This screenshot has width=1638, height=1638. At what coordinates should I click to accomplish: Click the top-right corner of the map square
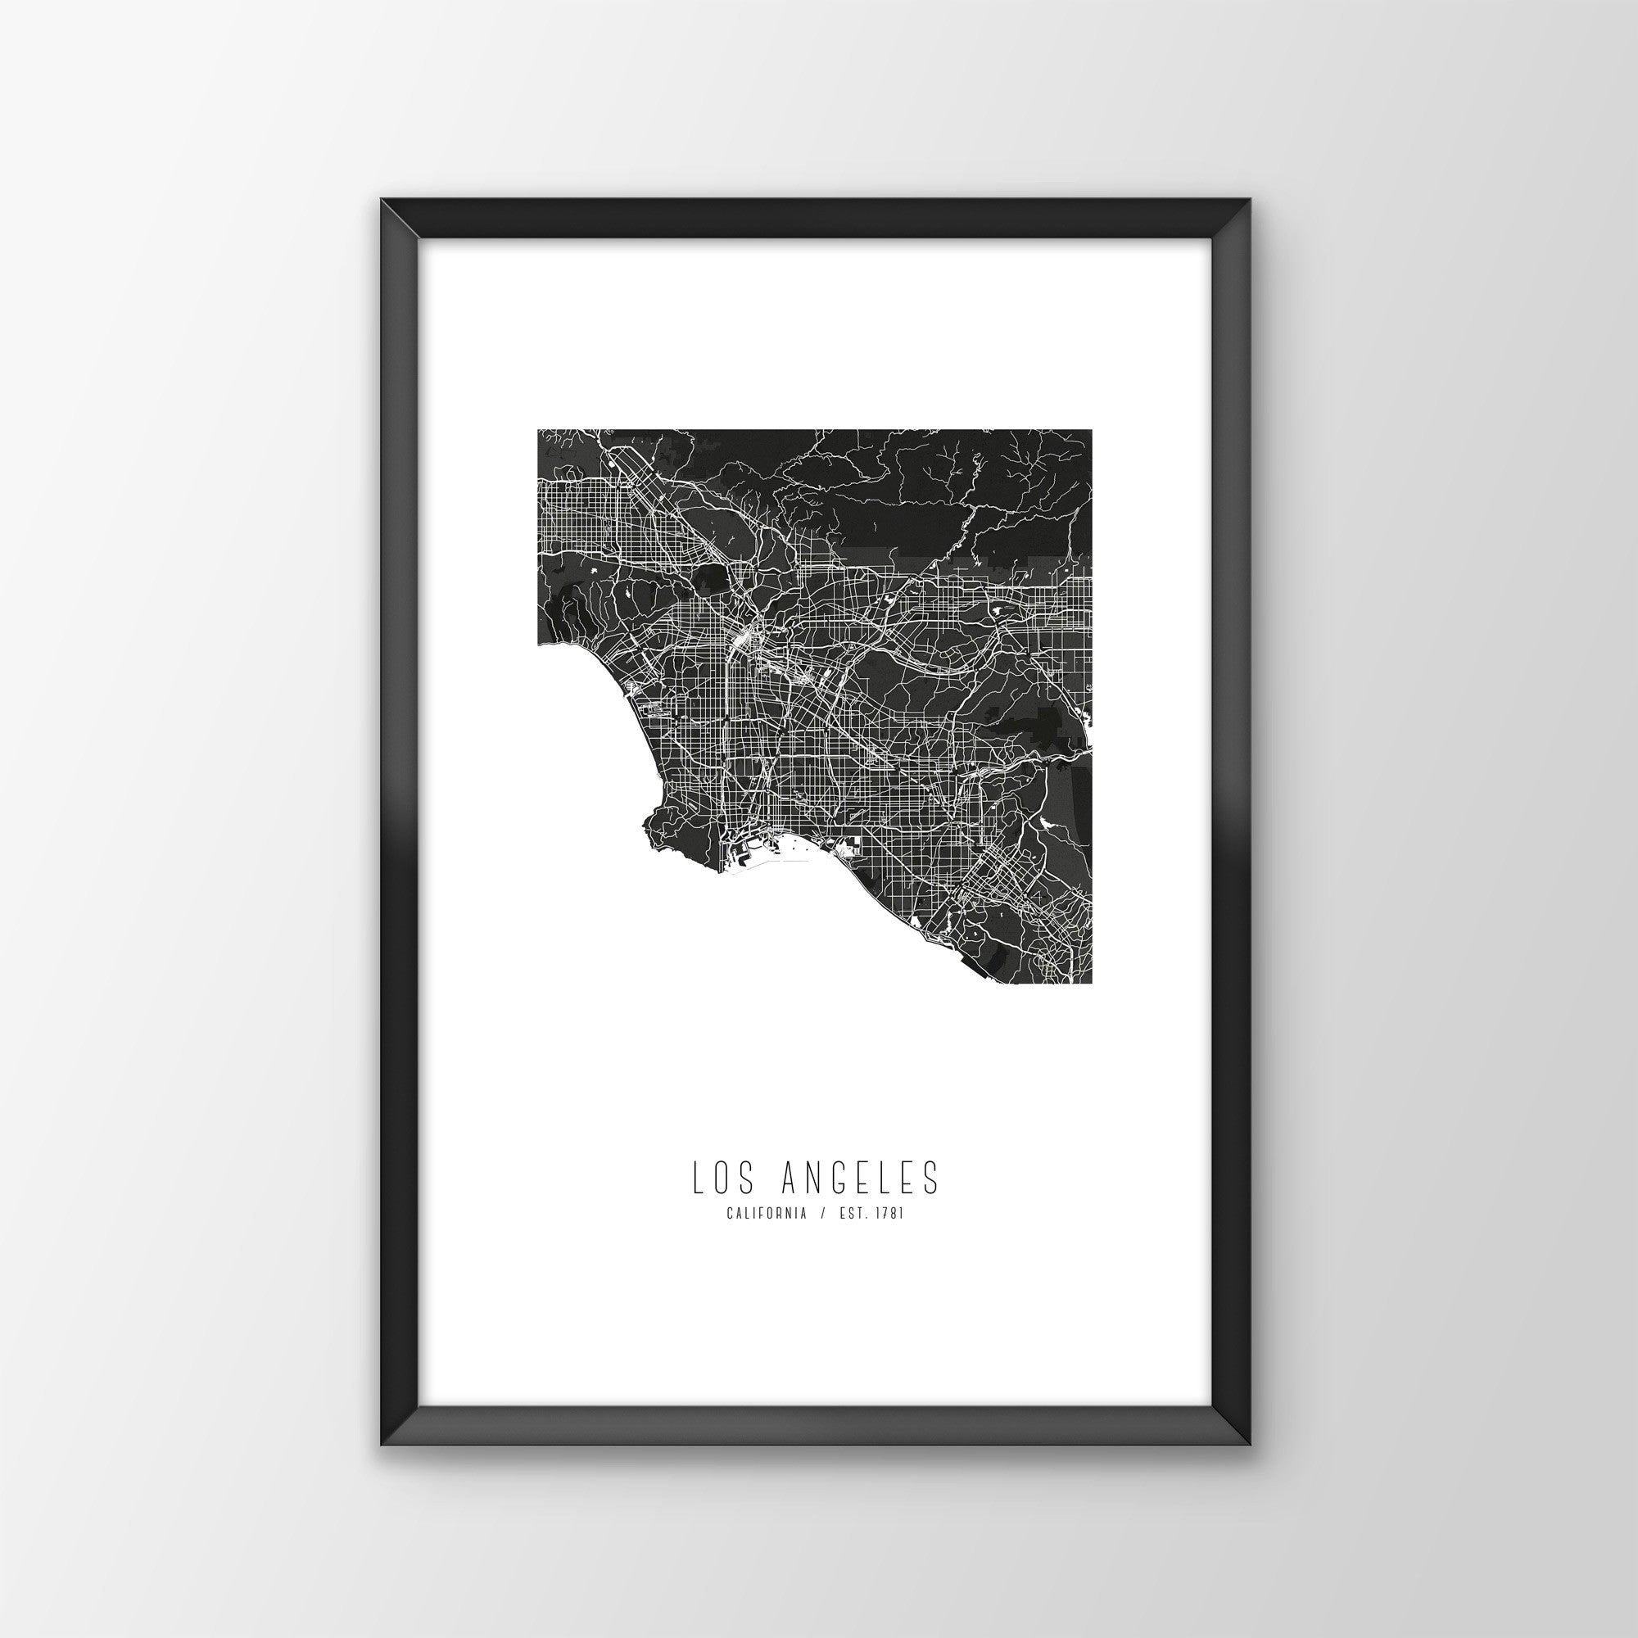point(1090,431)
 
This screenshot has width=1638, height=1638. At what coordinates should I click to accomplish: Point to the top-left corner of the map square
point(538,431)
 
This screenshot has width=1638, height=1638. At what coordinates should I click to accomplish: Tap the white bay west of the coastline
point(585,746)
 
